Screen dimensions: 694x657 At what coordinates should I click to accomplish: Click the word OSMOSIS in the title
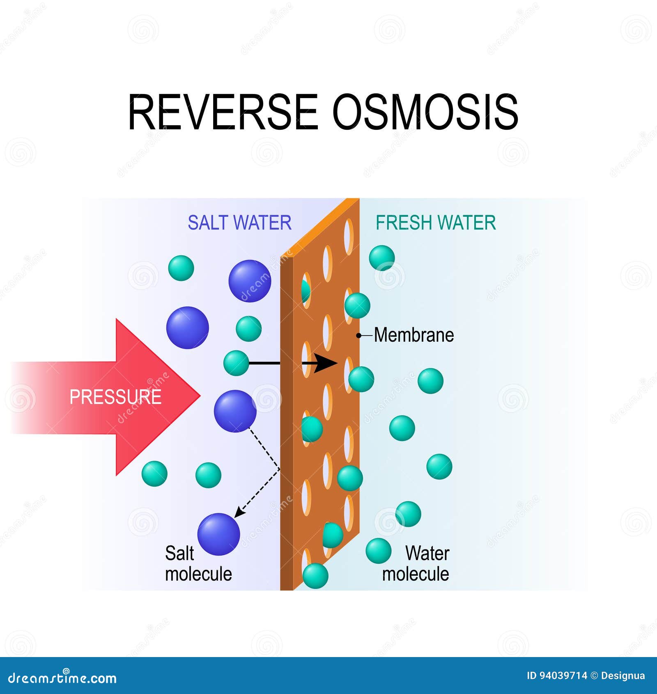425,112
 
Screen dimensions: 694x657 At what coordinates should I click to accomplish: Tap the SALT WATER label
239,223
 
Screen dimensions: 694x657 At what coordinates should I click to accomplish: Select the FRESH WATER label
436,223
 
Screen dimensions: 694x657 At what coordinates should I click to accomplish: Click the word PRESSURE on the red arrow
115,397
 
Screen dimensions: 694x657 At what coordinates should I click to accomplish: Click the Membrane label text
414,335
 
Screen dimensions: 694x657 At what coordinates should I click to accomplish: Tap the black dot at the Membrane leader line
358,336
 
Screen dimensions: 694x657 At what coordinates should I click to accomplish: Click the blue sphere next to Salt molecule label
218,534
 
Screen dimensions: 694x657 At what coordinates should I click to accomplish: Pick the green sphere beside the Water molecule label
378,551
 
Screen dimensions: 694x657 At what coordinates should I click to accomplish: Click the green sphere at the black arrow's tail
236,363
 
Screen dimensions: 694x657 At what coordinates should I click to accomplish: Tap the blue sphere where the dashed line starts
235,411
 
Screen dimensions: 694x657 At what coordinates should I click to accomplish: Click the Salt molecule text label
198,563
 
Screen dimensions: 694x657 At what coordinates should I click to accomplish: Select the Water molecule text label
416,563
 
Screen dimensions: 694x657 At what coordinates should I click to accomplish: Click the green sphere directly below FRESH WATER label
382,258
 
